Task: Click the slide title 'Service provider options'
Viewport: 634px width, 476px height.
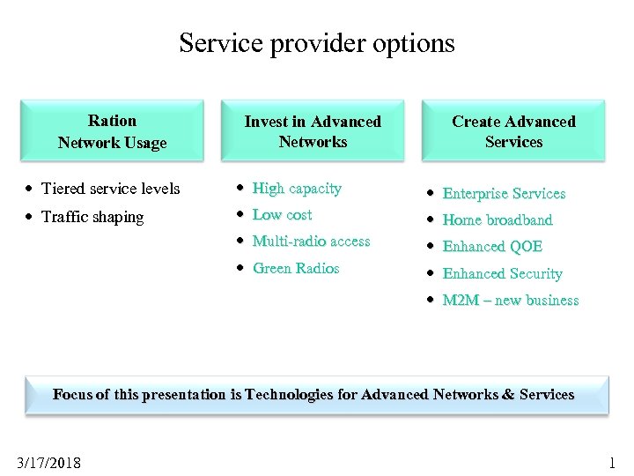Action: (x=317, y=42)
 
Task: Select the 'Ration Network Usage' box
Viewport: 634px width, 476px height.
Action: (x=112, y=131)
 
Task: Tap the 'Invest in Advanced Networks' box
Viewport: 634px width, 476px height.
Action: (x=313, y=131)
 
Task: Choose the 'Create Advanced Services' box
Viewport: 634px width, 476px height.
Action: (x=513, y=131)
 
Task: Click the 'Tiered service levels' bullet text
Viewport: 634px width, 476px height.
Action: (x=110, y=189)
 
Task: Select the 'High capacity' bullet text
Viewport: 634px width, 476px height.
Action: (x=297, y=189)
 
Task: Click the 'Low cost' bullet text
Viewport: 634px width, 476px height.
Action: (x=282, y=215)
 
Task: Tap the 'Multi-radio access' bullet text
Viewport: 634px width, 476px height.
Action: (x=311, y=242)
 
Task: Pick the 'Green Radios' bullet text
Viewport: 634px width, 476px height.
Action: (x=296, y=269)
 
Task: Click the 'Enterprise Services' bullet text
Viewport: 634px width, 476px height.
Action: (x=504, y=194)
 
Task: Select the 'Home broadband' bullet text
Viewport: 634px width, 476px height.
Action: (x=497, y=220)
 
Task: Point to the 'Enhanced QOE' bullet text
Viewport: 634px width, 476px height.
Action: (x=492, y=247)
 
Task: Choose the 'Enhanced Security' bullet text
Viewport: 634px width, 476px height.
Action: (x=502, y=274)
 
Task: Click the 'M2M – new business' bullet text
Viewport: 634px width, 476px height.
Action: (x=510, y=301)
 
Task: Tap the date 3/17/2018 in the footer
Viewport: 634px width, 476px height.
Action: (x=48, y=463)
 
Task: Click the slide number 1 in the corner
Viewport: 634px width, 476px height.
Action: (x=612, y=463)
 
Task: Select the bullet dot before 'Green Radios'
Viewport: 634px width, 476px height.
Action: (x=241, y=269)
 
